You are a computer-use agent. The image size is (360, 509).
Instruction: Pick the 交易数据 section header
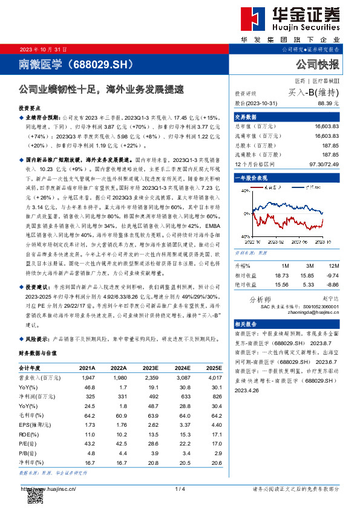[246, 117]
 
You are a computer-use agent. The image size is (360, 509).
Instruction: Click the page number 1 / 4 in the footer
[179, 489]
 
